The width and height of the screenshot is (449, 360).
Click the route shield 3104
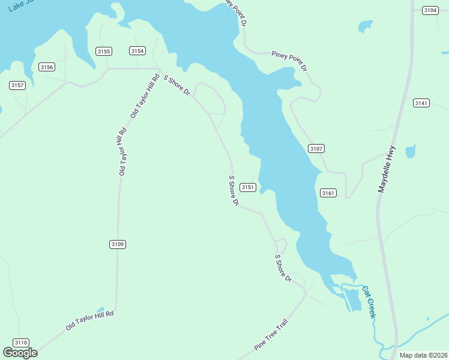pyautogui.click(x=430, y=10)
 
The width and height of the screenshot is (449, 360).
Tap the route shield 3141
pyautogui.click(x=421, y=103)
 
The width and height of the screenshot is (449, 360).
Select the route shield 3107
pyautogui.click(x=316, y=148)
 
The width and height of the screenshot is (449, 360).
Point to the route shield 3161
pyautogui.click(x=328, y=193)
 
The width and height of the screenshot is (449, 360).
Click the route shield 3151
pyautogui.click(x=248, y=187)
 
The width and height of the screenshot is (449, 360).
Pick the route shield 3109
pyautogui.click(x=118, y=244)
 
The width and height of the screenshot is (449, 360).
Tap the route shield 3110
pyautogui.click(x=21, y=343)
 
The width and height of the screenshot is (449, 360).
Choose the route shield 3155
pyautogui.click(x=103, y=51)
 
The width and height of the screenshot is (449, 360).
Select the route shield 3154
pyautogui.click(x=137, y=51)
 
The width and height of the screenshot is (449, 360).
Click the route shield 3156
pyautogui.click(x=47, y=67)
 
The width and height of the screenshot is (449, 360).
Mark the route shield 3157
pyautogui.click(x=17, y=85)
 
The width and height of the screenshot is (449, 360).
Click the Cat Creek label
pyautogui.click(x=369, y=301)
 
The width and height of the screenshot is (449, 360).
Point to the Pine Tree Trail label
pyautogui.click(x=271, y=335)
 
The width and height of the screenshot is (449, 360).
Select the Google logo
pyautogui.click(x=20, y=353)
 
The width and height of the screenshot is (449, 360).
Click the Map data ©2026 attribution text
pyautogui.click(x=424, y=355)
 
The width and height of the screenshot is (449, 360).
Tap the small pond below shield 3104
pyautogui.click(x=365, y=26)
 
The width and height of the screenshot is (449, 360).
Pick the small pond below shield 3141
pyautogui.click(x=411, y=151)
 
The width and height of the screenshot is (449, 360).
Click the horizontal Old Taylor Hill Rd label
pyautogui.click(x=89, y=320)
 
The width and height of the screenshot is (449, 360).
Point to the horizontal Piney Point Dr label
pyautogui.click(x=289, y=60)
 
